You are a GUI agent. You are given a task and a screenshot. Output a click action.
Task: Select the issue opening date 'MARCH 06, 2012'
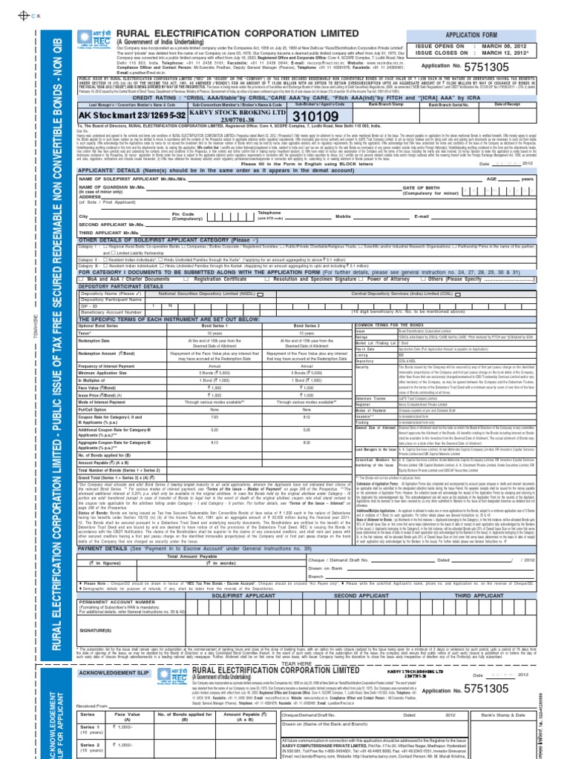click(x=508, y=46)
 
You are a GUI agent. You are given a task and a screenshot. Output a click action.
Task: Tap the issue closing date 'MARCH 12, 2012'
click(x=508, y=54)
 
